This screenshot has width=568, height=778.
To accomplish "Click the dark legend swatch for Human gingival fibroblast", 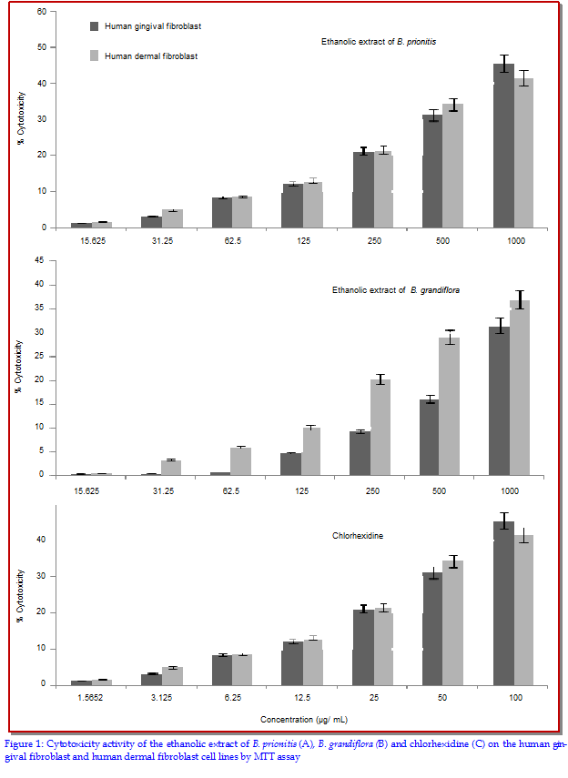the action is pyautogui.click(x=95, y=26).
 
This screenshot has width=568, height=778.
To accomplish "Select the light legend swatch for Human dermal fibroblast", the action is pyautogui.click(x=95, y=56).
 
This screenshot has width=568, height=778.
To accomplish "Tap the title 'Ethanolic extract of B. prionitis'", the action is pyautogui.click(x=379, y=42).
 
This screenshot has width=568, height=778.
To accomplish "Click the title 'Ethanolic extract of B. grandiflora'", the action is pyautogui.click(x=396, y=290).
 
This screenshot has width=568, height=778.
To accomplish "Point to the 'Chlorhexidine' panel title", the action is pyautogui.click(x=358, y=536).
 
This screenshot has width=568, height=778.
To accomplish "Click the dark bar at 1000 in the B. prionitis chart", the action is pyautogui.click(x=503, y=146).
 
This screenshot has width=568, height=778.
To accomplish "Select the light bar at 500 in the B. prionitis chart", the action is pyautogui.click(x=452, y=166).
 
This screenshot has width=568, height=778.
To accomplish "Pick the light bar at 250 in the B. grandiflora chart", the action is pyautogui.click(x=380, y=427).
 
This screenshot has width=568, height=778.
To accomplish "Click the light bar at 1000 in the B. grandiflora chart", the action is pyautogui.click(x=520, y=388).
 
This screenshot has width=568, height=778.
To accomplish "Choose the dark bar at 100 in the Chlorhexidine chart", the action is pyautogui.click(x=503, y=603).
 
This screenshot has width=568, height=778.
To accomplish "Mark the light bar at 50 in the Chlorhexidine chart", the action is pyautogui.click(x=452, y=623).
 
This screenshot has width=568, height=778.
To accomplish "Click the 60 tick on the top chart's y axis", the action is pyautogui.click(x=42, y=12).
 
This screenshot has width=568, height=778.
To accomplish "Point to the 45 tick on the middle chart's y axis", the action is pyautogui.click(x=39, y=261).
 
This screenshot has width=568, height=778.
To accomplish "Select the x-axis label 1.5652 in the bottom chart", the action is pyautogui.click(x=90, y=698).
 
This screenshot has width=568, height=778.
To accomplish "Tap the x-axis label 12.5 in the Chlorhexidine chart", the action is pyautogui.click(x=302, y=698).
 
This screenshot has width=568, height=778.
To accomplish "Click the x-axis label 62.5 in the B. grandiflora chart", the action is pyautogui.click(x=231, y=491).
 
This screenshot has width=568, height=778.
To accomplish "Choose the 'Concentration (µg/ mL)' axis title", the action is pyautogui.click(x=304, y=720).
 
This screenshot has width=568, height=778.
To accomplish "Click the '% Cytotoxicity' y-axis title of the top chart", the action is pyautogui.click(x=21, y=118).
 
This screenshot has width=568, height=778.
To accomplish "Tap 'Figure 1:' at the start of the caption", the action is pyautogui.click(x=25, y=743).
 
